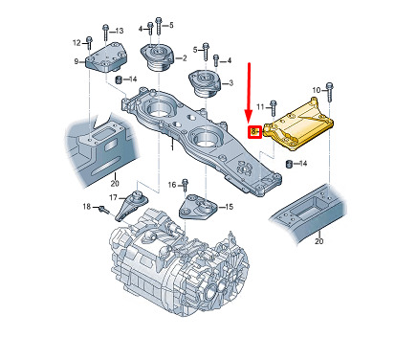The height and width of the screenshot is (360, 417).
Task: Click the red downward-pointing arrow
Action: tap(249, 92)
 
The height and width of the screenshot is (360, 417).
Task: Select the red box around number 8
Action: tap(255, 131)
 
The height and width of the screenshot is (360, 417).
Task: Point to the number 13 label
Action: tap(119, 31)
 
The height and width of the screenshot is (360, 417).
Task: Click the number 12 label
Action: tap(77, 42)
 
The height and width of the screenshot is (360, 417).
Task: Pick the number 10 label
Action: tap(316, 90)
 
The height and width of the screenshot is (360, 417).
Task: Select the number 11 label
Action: tap(260, 107)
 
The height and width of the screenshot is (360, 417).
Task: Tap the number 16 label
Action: tap(172, 185)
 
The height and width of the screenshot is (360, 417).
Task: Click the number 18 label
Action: tap(87, 207)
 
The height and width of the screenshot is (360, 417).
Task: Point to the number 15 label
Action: tap(229, 207)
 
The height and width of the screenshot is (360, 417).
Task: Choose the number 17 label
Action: tap(113, 198)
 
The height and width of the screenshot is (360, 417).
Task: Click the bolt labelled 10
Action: tap(329, 92)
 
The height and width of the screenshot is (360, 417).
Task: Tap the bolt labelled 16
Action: tap(185, 186)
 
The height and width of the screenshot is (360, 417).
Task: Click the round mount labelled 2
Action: tap(157, 58)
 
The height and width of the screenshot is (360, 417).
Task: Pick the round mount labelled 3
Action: tap(205, 83)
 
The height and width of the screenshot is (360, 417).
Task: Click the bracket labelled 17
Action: tap(130, 206)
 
